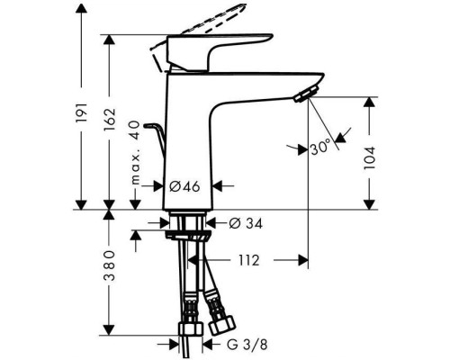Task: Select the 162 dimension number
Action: tap(111, 116)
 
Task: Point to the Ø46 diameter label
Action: tap(185, 187)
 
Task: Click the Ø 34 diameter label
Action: tap(241, 221)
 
